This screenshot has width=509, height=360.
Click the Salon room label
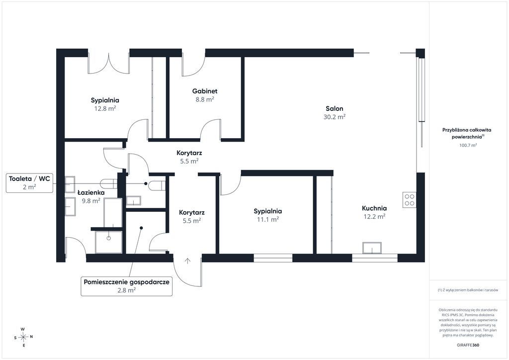point(335,108)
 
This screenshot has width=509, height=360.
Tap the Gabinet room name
point(204,91)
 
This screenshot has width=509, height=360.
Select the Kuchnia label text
point(374,208)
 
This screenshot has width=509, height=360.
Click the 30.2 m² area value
point(335,117)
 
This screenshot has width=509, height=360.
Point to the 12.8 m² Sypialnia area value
point(105,108)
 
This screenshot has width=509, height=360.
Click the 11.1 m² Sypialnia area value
point(268,219)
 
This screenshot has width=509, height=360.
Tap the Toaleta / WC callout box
point(29,183)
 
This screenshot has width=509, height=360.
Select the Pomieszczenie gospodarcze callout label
point(127,286)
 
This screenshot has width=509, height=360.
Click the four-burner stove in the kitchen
point(410,200)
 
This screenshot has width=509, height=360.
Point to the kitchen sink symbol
point(372,248)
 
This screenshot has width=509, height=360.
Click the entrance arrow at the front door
point(187,261)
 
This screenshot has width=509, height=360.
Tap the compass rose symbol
point(23,337)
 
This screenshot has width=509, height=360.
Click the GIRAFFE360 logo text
point(468,345)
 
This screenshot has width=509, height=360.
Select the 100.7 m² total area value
point(468,145)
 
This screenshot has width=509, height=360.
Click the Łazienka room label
point(91,192)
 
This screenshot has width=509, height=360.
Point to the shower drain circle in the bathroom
point(109,238)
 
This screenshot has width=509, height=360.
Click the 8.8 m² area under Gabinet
point(204,99)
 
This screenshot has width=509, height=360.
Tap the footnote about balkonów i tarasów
point(468,290)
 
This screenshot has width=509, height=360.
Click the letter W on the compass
point(23,329)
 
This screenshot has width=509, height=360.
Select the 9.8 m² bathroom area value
point(91,201)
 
